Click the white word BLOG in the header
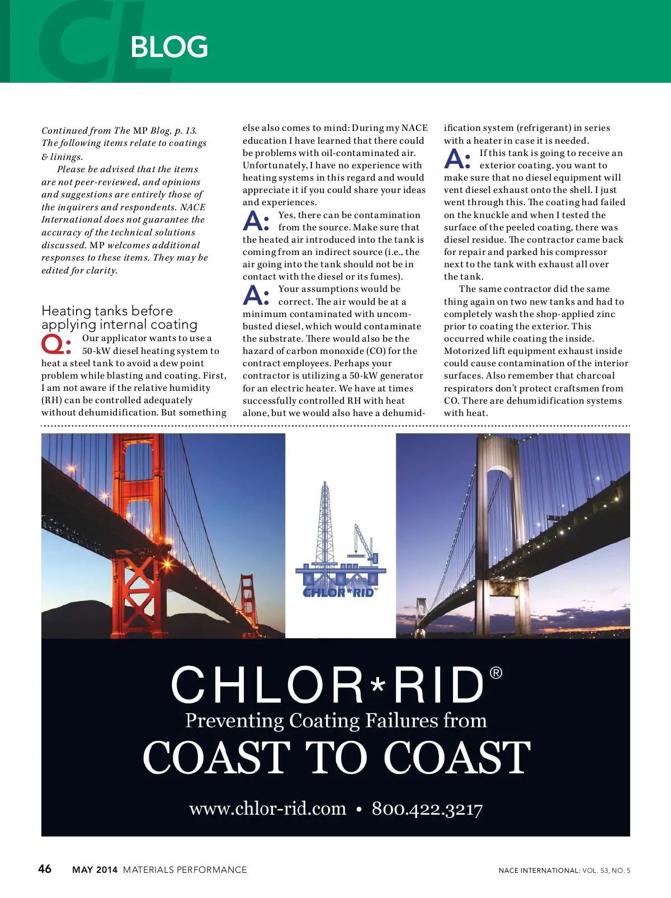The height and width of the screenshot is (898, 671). coord(169,47)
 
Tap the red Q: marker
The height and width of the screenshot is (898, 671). coord(56,344)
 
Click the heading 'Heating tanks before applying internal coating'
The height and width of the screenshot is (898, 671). coord(119,318)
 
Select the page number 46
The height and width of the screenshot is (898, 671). coord(45,868)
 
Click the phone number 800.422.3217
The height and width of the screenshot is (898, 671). coord(427,809)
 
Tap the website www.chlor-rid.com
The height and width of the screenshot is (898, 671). coord(267,809)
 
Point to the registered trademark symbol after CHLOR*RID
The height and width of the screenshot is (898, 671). coord(496,673)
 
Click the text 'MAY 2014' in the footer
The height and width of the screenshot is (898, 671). coord(95,869)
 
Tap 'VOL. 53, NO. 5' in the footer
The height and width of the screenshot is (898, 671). coord(606,870)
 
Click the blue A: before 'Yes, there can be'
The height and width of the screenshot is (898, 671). coord(256,221)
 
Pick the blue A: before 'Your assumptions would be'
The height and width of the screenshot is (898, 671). coord(256,295)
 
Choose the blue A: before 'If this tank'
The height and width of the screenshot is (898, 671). coord(457,159)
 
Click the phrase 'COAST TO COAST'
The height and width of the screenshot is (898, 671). coord(336,758)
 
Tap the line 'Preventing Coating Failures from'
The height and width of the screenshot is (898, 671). coord(336,720)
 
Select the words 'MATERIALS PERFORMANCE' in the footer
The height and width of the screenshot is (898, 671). coord(185,869)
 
